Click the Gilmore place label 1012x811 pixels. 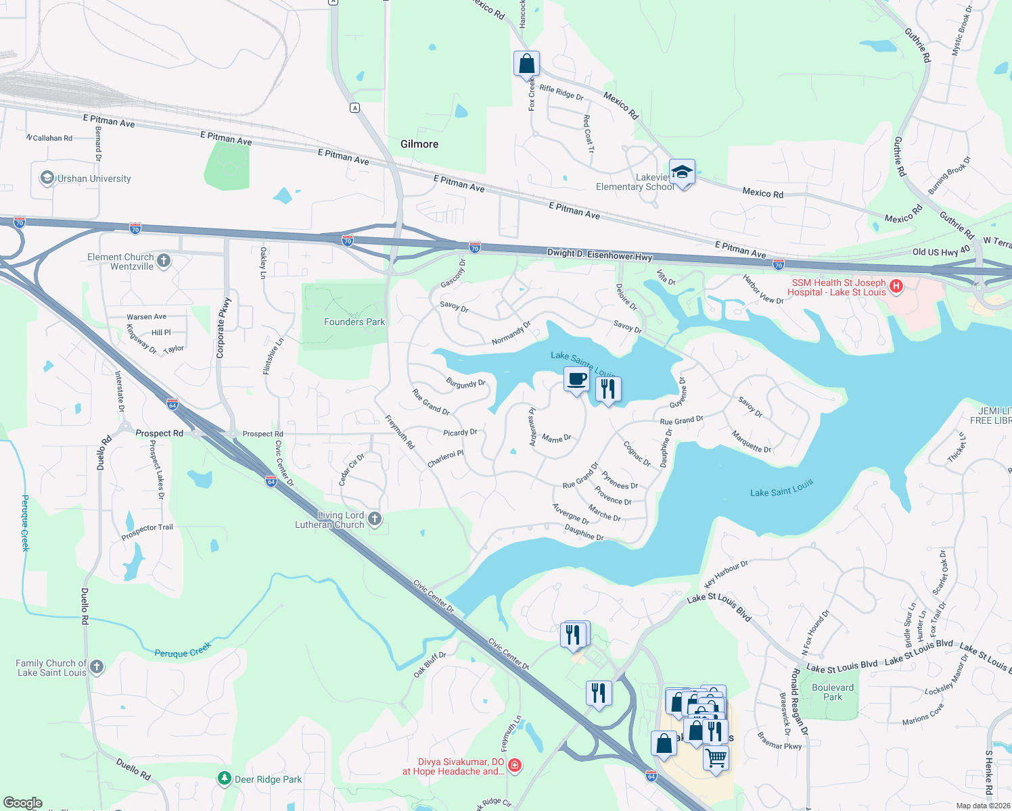(x=419, y=144)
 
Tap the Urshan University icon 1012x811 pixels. (x=47, y=178)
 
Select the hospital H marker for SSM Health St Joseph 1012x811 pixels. (x=896, y=287)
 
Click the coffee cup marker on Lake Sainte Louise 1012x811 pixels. (x=576, y=380)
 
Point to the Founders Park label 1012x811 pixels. (x=354, y=322)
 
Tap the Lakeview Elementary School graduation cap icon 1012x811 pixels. (x=682, y=172)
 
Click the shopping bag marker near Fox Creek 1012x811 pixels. (x=526, y=64)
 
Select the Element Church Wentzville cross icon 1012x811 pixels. (x=164, y=261)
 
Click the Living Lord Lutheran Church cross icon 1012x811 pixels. (x=375, y=519)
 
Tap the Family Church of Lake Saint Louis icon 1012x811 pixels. (x=97, y=667)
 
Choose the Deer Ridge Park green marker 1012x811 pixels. (x=225, y=779)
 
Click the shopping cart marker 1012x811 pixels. (x=716, y=757)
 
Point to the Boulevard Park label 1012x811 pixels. (x=833, y=692)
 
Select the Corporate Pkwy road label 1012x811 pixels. (x=223, y=328)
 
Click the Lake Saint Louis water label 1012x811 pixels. (x=781, y=488)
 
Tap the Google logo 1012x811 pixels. (x=22, y=803)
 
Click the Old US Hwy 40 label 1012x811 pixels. (x=941, y=251)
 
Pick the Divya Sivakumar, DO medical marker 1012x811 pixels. (x=515, y=765)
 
